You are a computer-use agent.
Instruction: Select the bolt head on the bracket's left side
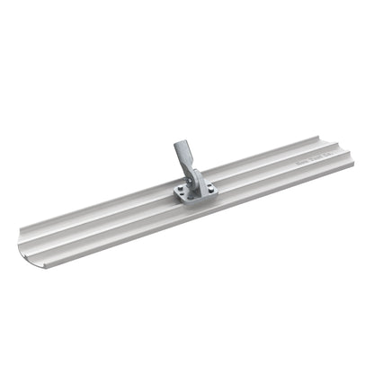click(x=183, y=189)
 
